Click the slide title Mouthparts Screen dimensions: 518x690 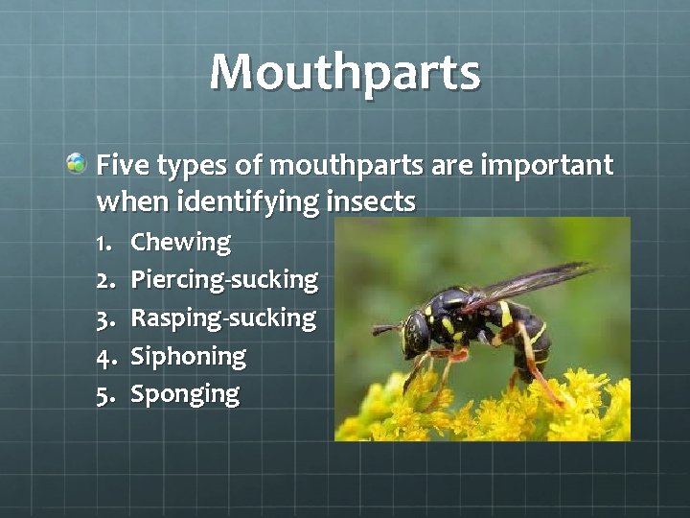344,73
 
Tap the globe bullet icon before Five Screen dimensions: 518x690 77,164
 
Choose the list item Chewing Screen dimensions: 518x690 180,242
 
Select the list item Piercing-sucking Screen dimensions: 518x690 223,280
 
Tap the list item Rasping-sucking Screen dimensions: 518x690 222,318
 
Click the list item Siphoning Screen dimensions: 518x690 188,356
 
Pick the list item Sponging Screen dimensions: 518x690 184,393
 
